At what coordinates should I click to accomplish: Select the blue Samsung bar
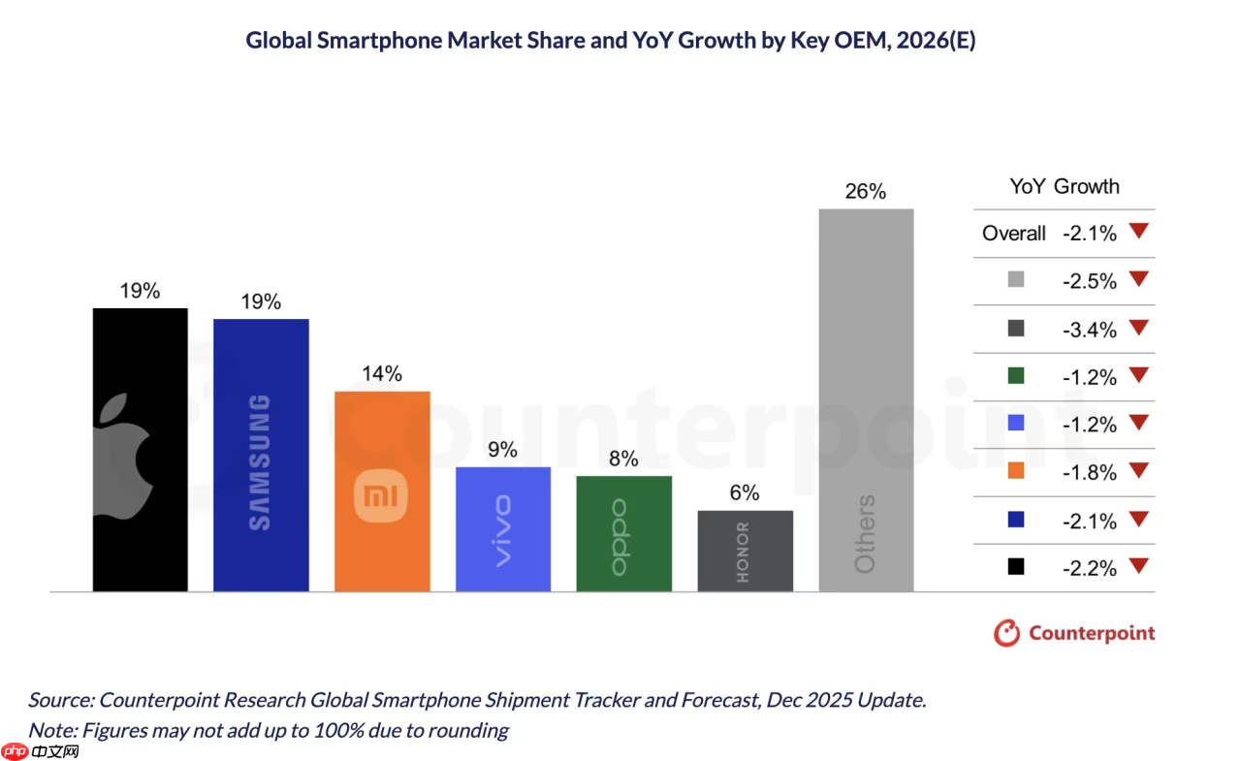(261, 455)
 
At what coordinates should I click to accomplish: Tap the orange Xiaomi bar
(382, 491)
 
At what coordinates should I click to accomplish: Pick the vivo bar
(503, 528)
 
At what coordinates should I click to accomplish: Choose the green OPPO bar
(623, 533)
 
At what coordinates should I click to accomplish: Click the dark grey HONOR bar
(745, 551)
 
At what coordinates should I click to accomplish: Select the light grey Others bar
(866, 399)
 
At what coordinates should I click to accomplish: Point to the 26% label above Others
(865, 191)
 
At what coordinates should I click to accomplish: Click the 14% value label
(382, 373)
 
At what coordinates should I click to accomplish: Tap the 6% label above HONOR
(745, 492)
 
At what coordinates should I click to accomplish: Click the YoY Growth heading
(1065, 186)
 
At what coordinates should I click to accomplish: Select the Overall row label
(1013, 234)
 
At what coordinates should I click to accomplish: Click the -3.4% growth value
(1089, 330)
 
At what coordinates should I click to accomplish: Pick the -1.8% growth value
(1089, 473)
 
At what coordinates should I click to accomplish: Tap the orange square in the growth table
(1016, 472)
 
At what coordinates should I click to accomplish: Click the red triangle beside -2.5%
(1138, 279)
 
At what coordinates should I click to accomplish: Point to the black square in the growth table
(1016, 568)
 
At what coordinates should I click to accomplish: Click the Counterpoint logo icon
(1007, 633)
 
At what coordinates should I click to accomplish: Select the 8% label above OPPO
(623, 459)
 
